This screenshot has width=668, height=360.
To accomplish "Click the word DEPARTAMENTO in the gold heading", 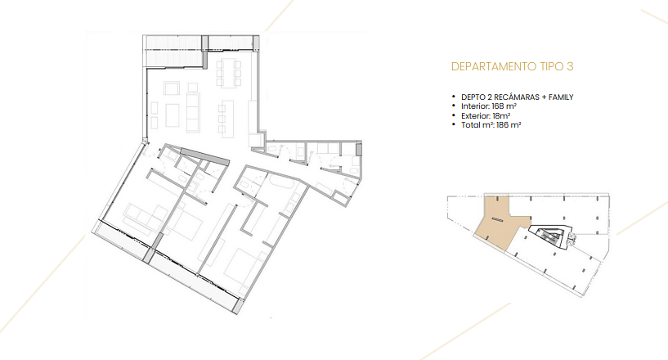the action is click(494, 66).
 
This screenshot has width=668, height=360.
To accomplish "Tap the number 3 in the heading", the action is click(570, 66).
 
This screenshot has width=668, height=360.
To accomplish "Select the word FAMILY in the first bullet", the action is click(561, 97).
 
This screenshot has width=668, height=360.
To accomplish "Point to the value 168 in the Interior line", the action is click(498, 106).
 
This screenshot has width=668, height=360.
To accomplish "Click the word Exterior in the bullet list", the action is click(475, 116).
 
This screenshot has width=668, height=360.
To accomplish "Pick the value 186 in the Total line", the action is click(503, 125).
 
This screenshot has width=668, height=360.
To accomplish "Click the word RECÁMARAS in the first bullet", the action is click(516, 97).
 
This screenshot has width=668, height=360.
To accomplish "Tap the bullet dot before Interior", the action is click(454, 106).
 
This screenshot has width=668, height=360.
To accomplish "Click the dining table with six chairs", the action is click(228, 74).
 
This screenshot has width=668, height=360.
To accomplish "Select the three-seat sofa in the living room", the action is click(193, 113).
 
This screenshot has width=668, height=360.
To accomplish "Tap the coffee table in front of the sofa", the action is click(173, 115).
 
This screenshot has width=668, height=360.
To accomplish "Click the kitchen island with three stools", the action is click(226, 119).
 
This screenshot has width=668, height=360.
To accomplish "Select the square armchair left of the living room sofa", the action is click(172, 88).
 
